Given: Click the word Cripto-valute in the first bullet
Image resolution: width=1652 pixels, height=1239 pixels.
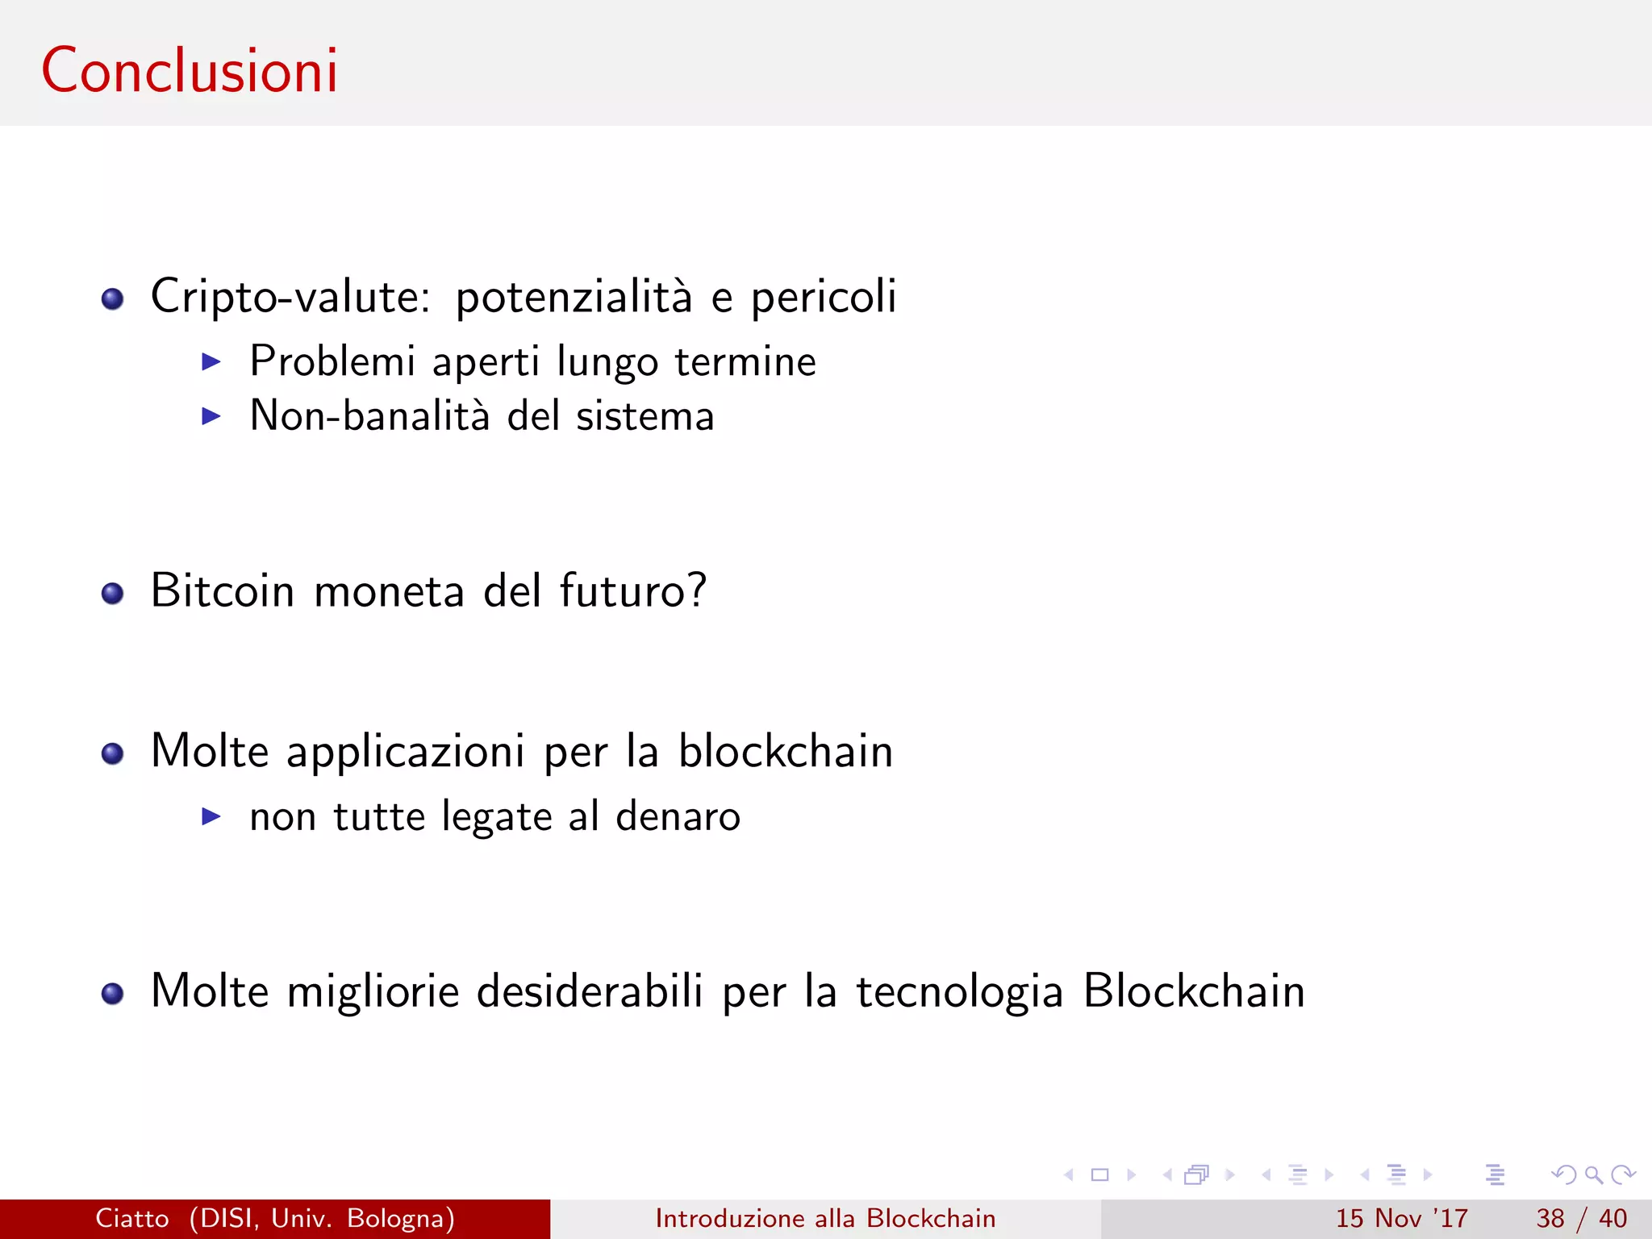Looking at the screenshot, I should coord(290,297).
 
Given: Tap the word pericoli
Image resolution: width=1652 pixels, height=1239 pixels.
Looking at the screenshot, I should coord(824,297).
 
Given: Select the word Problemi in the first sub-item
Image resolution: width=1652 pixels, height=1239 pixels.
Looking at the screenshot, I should coord(332,361).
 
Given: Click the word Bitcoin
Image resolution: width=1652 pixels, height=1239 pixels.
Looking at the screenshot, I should coord(223,590).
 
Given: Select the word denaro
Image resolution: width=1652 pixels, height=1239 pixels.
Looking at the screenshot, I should coord(678,816).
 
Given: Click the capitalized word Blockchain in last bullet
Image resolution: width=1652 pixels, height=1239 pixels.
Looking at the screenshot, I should coord(1193,991).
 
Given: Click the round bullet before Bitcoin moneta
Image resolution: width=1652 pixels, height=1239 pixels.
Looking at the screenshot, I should coord(112,594).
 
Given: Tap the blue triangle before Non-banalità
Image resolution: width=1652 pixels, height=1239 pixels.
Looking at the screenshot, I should coord(211,416).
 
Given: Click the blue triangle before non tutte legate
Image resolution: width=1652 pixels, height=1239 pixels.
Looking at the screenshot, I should coord(211,816).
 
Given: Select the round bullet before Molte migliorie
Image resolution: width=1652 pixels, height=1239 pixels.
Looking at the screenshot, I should coord(112,994).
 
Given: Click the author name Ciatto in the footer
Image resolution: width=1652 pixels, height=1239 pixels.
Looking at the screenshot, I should coord(132,1218).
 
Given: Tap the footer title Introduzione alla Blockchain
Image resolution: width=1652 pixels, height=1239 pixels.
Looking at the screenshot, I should coord(825,1218).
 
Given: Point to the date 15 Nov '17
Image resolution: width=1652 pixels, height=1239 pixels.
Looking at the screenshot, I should coord(1401,1218).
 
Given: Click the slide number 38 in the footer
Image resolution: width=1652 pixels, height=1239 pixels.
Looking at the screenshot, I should coord(1550,1218).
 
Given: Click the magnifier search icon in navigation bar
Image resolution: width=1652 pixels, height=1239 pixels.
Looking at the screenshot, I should coord(1593,1174).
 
